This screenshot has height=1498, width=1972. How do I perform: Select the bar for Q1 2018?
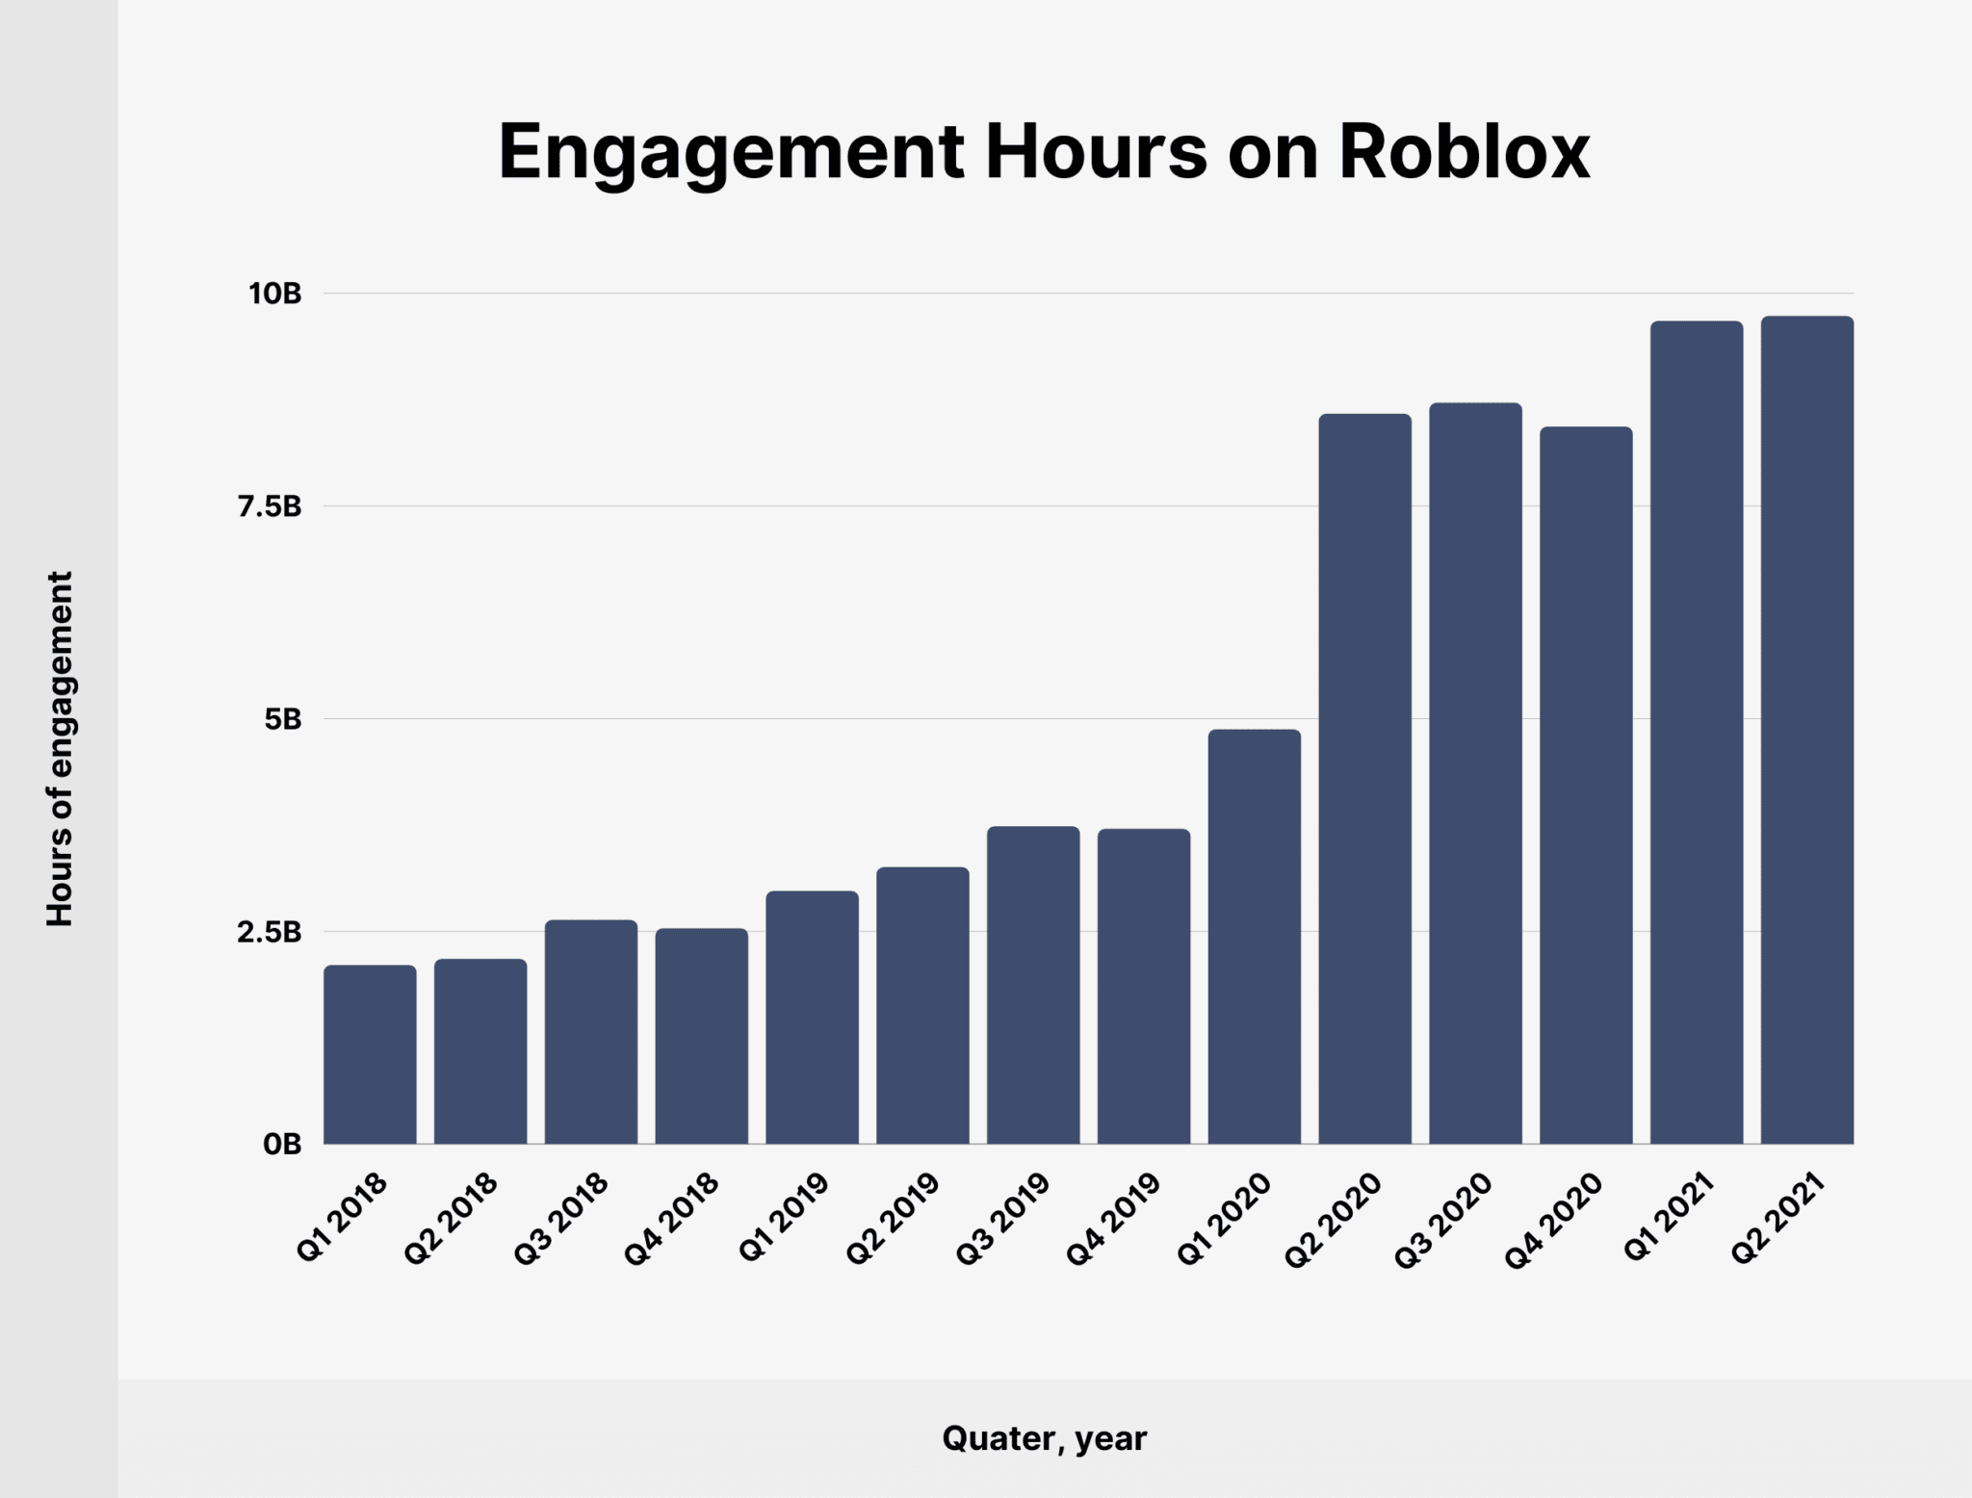coord(370,1054)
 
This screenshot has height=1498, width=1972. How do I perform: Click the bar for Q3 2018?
coord(591,1032)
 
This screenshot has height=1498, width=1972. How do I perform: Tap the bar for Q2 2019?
coord(922,1005)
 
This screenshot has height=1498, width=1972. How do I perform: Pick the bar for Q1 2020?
coord(1254,937)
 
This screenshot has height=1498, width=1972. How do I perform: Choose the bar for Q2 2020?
coord(1364,779)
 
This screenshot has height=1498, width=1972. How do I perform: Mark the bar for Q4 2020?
coord(1586,785)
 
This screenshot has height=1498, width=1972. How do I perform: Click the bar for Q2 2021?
coord(1806,730)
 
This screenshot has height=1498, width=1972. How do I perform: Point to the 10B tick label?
coord(274,294)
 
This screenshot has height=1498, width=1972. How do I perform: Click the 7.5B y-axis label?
coord(270,506)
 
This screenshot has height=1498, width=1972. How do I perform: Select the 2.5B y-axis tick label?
coord(270,932)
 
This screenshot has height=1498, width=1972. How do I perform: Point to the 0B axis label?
coord(281,1145)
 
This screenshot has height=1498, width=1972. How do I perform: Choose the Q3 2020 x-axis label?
coord(1444,1220)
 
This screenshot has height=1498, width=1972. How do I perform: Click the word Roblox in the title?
coord(1464,152)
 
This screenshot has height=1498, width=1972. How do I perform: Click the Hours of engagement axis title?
coord(60,749)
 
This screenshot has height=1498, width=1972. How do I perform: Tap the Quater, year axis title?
coord(1044,1438)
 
